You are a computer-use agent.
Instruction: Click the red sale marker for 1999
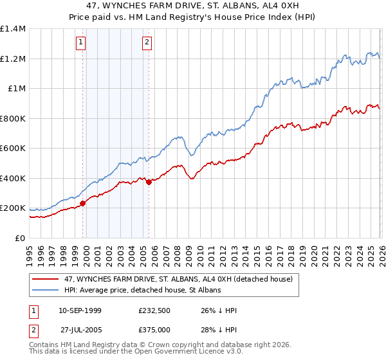82,203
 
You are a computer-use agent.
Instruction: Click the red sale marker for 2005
149,182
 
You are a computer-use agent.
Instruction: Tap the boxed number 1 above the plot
81,43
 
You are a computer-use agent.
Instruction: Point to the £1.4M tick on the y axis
13,29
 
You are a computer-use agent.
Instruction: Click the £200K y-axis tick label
13,208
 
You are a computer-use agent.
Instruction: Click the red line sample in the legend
46,279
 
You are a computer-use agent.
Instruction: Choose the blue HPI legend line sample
46,291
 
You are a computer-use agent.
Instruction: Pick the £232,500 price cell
154,310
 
